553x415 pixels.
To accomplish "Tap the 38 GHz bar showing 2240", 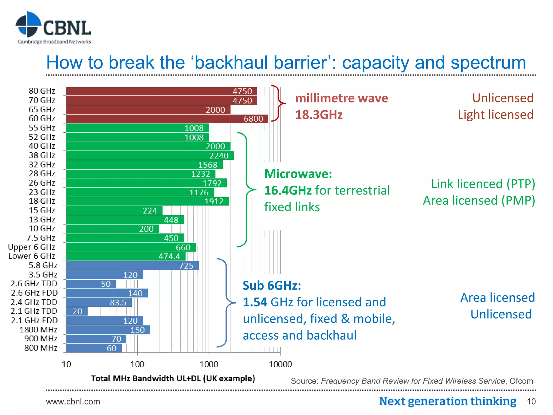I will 150,155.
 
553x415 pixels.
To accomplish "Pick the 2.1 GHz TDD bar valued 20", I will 77,311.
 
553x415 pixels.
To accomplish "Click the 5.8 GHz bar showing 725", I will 132,266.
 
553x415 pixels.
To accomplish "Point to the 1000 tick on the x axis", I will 209,364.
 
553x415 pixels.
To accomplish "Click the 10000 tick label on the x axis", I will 280,364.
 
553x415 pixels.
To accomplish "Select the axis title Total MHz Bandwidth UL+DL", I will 173,378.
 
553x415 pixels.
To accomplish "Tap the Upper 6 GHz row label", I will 32,247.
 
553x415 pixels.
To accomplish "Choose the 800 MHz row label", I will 41,348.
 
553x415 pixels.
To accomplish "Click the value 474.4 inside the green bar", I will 169,256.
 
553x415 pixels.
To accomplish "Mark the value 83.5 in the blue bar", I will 118,302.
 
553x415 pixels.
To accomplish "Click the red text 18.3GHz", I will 319,115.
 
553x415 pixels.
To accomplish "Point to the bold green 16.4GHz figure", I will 288,190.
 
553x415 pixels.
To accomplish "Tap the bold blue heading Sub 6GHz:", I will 272,286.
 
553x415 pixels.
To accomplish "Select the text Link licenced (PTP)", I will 483,184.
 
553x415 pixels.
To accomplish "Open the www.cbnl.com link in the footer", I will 73,401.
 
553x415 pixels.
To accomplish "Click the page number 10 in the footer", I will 531,401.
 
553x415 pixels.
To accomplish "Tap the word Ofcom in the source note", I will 521,381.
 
